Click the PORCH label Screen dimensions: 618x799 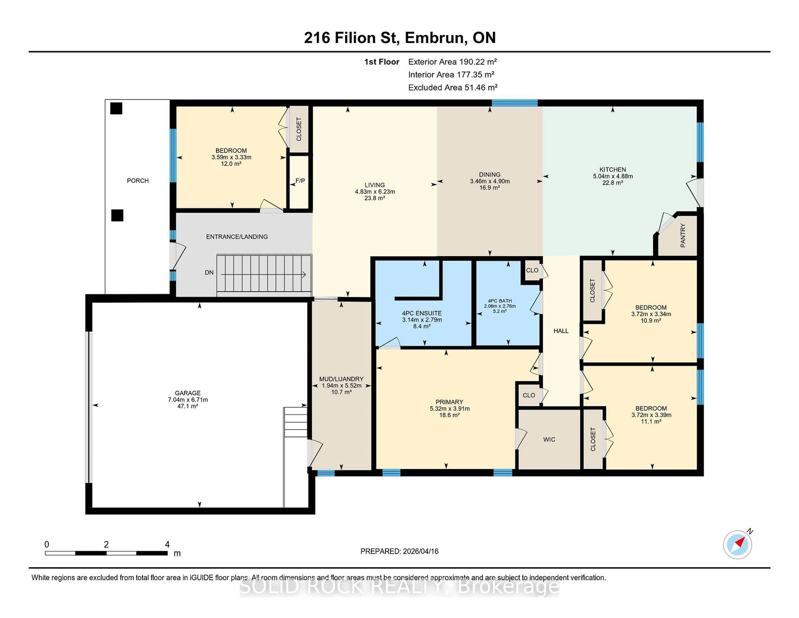point(138,181)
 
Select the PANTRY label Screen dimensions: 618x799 point(683,235)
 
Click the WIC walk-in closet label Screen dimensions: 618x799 point(549,439)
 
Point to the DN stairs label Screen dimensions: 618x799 point(209,272)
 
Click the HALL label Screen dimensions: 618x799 point(561,331)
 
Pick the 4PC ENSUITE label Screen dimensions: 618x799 point(422,313)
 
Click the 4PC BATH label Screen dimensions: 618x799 point(500,301)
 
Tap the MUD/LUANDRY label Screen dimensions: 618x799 point(341,379)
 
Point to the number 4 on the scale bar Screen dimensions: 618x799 point(167,544)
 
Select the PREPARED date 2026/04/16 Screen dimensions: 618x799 point(420,551)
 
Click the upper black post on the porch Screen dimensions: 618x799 point(116,108)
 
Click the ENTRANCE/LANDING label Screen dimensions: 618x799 point(237,237)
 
